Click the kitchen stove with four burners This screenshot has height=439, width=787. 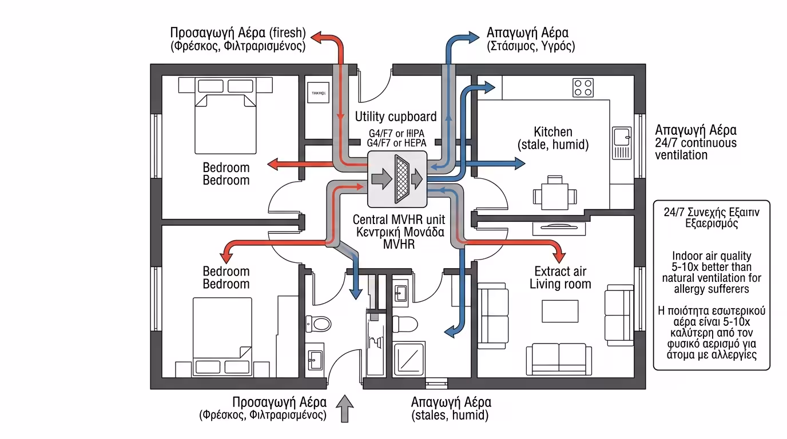point(583,87)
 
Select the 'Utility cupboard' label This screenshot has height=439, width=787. point(396,117)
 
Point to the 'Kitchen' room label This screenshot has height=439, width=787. point(553,132)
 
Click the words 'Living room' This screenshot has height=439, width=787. point(560,284)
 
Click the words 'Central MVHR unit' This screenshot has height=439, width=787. point(399,219)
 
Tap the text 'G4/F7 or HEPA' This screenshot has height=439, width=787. point(396,143)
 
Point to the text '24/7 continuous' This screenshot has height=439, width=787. point(695,142)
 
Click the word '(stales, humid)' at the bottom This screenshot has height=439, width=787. point(451,416)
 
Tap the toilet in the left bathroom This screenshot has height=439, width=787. point(319,324)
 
